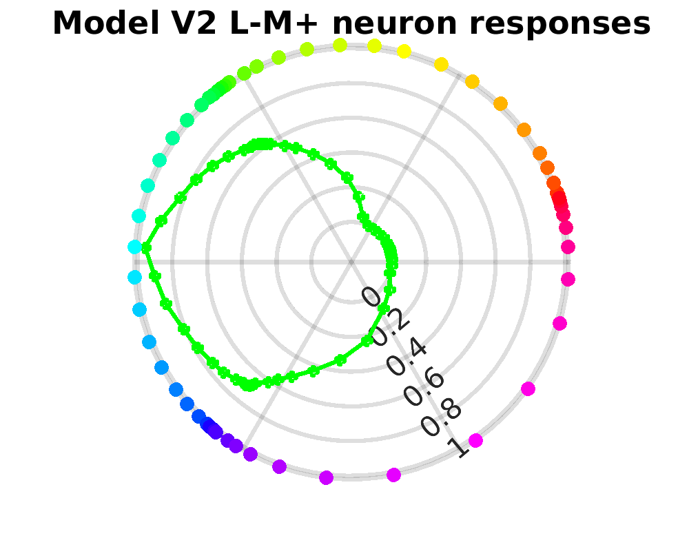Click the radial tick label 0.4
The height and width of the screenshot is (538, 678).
click(x=406, y=360)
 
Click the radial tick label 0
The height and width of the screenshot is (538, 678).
click(x=371, y=296)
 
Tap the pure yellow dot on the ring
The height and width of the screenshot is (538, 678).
click(x=404, y=51)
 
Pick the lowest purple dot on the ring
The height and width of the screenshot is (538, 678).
click(x=327, y=477)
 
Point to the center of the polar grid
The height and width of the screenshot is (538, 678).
click(x=351, y=262)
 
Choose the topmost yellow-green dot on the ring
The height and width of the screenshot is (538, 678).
click(x=340, y=45)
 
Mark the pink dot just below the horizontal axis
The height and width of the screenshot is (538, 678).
click(x=568, y=279)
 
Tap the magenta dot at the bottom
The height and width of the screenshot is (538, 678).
click(x=393, y=474)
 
